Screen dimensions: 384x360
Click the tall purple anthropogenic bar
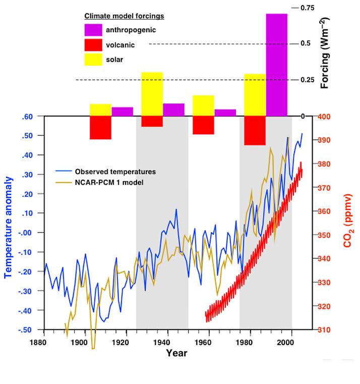(x=277, y=65)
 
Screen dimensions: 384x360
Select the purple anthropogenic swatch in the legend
(x=93, y=30)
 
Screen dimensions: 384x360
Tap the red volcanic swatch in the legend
(x=93, y=44)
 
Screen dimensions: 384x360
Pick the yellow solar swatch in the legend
(x=93, y=59)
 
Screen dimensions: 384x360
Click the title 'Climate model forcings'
(x=124, y=16)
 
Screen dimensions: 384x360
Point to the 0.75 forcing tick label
(x=307, y=8)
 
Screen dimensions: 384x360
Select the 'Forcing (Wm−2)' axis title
(x=325, y=52)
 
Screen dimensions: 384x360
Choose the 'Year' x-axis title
(x=176, y=353)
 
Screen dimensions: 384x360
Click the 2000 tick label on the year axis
(x=286, y=342)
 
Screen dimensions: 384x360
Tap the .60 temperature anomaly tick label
(x=28, y=117)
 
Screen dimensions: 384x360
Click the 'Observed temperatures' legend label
(x=115, y=172)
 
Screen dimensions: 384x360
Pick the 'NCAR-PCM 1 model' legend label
(x=109, y=182)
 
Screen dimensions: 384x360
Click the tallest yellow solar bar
(x=152, y=94)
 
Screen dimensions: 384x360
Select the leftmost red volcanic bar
(x=100, y=128)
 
